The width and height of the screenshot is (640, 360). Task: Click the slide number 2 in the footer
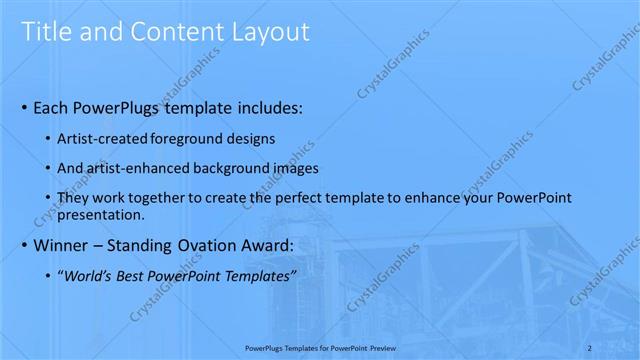[619, 347]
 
